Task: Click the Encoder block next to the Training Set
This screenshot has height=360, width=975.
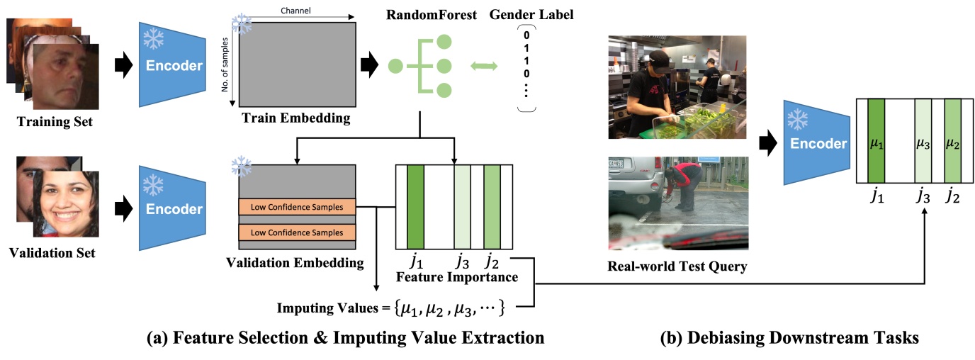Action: tap(173, 65)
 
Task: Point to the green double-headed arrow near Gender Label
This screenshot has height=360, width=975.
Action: tap(485, 66)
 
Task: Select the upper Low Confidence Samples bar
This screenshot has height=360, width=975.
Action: tap(296, 207)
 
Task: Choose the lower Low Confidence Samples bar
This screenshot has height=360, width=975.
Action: tap(296, 232)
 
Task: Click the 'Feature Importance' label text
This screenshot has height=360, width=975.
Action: tap(452, 276)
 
